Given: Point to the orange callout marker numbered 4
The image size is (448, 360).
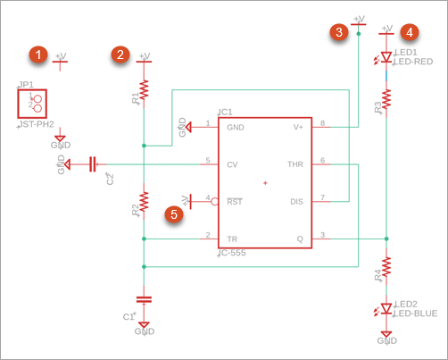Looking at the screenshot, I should [x=410, y=33].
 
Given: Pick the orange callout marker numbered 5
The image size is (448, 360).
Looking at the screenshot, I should [x=176, y=213].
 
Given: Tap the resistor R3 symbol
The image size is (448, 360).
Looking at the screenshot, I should [x=386, y=99].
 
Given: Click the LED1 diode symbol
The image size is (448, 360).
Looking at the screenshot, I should [x=386, y=57].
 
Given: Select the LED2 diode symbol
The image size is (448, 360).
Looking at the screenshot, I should [x=386, y=308].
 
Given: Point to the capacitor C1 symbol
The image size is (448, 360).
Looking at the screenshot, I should [x=144, y=299].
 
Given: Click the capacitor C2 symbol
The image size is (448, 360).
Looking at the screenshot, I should [x=94, y=163].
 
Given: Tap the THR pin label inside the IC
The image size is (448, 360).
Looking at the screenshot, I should [x=295, y=164].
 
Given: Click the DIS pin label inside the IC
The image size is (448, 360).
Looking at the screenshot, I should [x=297, y=201].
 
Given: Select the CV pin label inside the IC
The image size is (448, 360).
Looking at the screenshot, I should [x=232, y=164].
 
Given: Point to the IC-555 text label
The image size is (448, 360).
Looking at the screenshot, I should [x=232, y=253].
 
